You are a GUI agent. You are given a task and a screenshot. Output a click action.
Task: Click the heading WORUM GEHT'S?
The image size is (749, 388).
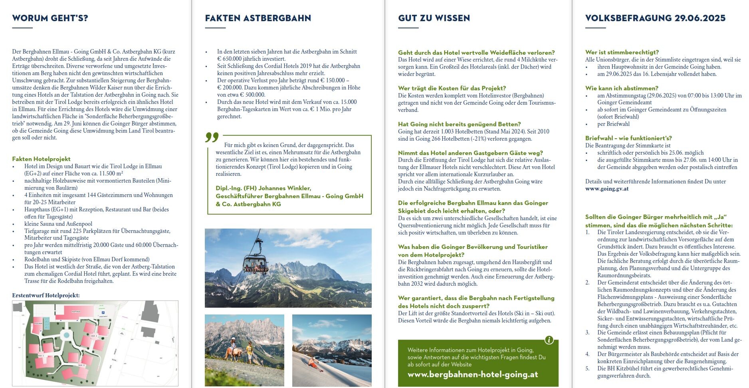click(x=50, y=18)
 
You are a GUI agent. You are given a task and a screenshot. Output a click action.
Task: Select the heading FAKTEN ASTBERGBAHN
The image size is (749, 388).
click(x=258, y=18)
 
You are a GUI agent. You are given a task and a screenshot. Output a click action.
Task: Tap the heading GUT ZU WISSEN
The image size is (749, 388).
click(x=434, y=18)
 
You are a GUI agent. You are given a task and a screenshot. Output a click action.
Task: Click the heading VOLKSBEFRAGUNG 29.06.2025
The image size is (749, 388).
click(x=655, y=18)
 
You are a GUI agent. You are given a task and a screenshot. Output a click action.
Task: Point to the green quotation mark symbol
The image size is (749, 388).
click(x=212, y=137)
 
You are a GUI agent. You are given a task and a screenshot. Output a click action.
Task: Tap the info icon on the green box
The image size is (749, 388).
click(x=549, y=340)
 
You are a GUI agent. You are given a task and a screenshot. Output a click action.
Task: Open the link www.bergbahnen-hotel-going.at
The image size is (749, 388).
click(x=473, y=374)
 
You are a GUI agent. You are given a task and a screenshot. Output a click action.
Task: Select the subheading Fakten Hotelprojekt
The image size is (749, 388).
click(x=41, y=159)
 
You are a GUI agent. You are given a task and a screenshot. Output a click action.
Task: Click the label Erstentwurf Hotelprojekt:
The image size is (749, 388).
click(x=46, y=295)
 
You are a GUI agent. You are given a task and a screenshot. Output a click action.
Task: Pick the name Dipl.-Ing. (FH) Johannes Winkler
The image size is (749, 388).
click(x=263, y=188)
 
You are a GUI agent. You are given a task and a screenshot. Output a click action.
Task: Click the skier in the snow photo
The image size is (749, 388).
click(x=313, y=363)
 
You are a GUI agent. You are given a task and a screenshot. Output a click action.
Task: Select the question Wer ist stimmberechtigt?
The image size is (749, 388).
click(x=622, y=52)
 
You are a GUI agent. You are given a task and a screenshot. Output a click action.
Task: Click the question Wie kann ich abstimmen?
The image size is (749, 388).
click(x=622, y=88)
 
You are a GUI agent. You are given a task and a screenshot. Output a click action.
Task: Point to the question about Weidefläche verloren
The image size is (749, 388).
click(x=476, y=52)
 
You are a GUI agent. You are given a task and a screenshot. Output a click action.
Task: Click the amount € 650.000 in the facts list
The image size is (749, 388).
click(x=233, y=59)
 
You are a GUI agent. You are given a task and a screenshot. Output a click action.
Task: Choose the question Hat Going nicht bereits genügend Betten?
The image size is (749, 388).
click(x=459, y=124)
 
